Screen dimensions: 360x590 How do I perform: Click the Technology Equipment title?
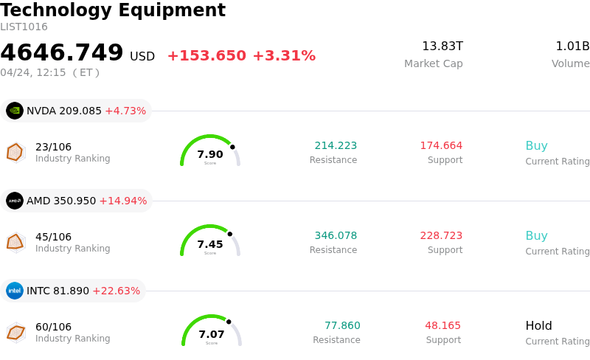click(x=113, y=10)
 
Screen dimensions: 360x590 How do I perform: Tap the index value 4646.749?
click(x=62, y=53)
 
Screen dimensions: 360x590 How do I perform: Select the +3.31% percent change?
click(x=284, y=56)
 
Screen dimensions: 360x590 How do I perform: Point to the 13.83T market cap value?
click(x=442, y=46)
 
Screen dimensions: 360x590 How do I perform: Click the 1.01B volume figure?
click(x=572, y=46)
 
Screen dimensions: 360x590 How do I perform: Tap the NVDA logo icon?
click(x=15, y=111)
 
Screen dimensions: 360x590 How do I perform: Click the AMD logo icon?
click(x=15, y=201)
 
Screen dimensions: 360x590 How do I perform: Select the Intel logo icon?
click(x=15, y=291)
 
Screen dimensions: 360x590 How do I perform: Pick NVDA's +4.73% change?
click(x=125, y=111)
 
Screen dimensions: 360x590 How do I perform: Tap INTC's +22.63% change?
click(x=117, y=291)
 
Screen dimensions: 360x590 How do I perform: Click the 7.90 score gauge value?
click(x=210, y=155)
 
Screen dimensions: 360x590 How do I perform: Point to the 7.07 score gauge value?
click(x=212, y=335)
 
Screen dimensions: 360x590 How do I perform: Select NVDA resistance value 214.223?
click(x=336, y=146)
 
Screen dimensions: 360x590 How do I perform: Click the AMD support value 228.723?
click(x=441, y=236)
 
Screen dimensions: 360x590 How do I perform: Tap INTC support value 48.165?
click(x=442, y=326)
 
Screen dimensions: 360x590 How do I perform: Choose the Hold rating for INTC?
click(x=538, y=326)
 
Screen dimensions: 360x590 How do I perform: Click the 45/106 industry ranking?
click(x=54, y=237)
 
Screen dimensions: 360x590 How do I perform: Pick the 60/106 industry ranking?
click(x=54, y=327)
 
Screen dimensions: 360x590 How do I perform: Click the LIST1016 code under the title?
click(x=24, y=27)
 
